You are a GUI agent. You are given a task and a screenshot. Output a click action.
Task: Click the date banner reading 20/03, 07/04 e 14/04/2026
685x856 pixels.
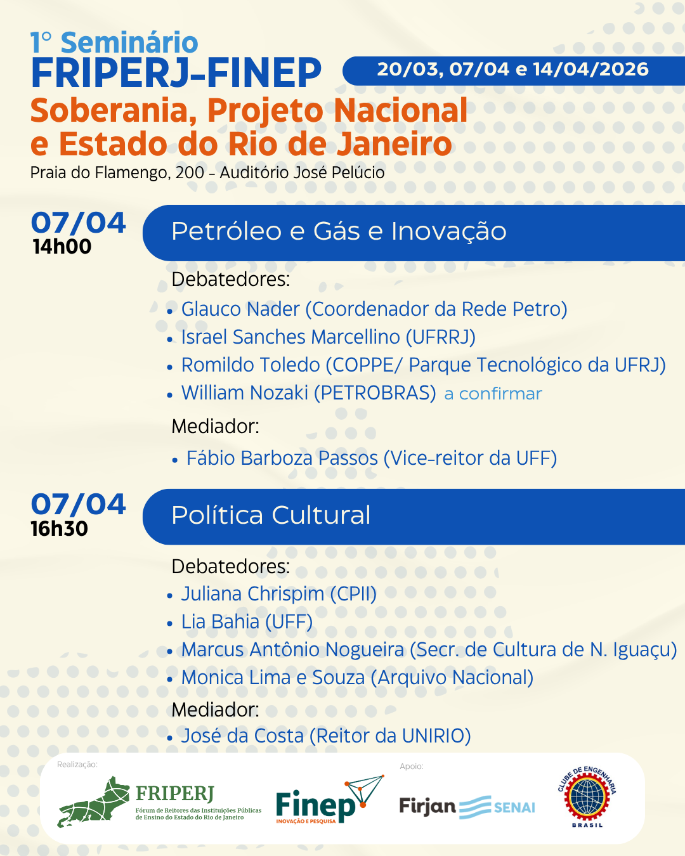tap(512, 70)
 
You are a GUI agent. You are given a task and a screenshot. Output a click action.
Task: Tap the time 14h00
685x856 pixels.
tap(62, 247)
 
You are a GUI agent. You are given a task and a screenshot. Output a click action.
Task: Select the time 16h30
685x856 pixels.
tap(60, 529)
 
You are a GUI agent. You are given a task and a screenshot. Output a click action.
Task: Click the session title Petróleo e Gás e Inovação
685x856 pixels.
tap(339, 231)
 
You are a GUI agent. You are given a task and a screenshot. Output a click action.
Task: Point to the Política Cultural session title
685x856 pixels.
tap(271, 515)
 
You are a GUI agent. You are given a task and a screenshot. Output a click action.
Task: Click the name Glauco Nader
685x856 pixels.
tap(240, 309)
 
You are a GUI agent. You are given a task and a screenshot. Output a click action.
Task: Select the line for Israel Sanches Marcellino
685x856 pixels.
tap(329, 337)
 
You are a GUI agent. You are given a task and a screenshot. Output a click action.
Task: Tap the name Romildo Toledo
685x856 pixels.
tap(251, 365)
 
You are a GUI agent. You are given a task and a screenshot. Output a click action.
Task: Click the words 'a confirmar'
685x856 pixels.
tap(493, 394)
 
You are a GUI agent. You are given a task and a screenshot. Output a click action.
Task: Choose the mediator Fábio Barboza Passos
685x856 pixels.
tap(282, 458)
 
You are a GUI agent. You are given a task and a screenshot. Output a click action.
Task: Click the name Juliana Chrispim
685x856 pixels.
tap(252, 594)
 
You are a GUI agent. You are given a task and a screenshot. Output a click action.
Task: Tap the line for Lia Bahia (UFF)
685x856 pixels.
tap(247, 622)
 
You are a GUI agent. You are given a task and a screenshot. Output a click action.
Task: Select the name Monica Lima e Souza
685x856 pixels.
tap(273, 677)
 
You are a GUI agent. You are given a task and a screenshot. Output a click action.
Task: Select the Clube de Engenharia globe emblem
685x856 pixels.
tap(587, 798)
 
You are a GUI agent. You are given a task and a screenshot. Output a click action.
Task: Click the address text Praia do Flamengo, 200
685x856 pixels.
tap(117, 172)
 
